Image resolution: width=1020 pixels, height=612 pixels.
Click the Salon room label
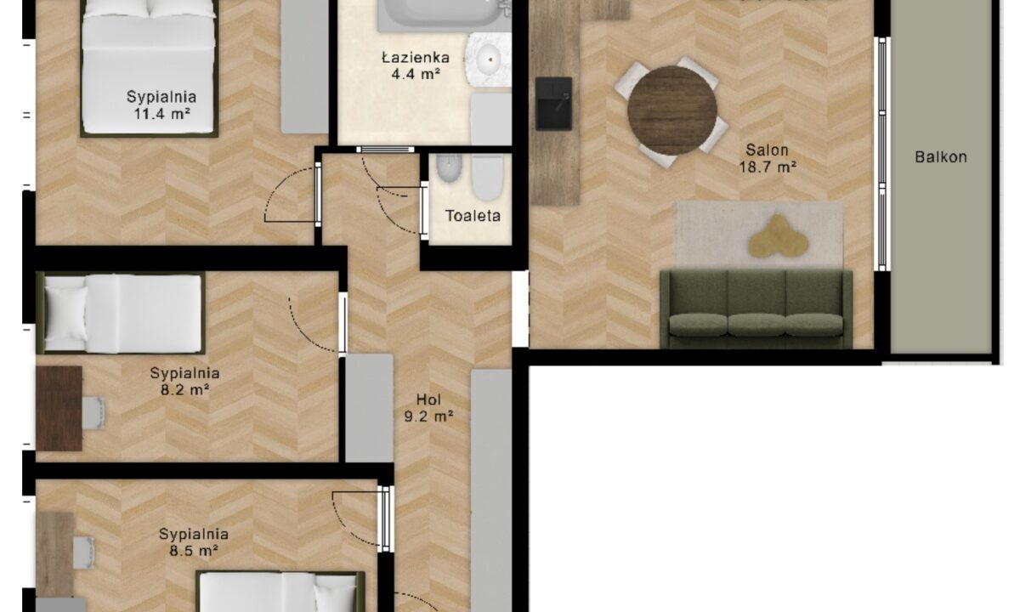(x=767, y=150)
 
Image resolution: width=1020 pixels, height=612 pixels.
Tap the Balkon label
(x=941, y=157)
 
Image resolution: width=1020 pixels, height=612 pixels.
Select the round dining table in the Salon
(x=672, y=110)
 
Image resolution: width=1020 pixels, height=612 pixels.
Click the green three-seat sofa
(x=756, y=309)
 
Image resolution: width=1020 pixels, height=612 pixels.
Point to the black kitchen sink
(x=553, y=104)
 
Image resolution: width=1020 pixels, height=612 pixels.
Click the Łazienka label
(x=416, y=58)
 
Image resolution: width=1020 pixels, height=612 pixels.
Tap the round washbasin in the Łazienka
(x=489, y=59)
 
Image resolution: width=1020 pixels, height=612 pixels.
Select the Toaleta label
(x=473, y=215)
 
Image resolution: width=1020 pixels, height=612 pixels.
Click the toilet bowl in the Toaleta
(x=488, y=178)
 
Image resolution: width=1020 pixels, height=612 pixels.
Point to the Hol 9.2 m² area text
(x=428, y=408)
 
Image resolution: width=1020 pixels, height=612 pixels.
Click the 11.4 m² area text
(x=161, y=113)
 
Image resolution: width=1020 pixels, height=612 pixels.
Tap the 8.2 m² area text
(x=184, y=390)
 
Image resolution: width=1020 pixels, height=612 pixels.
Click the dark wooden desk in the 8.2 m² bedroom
(x=59, y=409)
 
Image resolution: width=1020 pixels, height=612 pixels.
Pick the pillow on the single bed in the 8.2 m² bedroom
(x=66, y=314)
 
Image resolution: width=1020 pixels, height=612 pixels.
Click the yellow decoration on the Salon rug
(x=779, y=236)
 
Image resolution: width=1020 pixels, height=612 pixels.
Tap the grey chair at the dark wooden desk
(x=93, y=413)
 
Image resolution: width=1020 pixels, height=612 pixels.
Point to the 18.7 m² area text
(x=768, y=167)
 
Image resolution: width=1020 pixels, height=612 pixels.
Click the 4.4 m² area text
(x=416, y=73)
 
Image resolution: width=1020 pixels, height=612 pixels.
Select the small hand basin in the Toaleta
(x=450, y=168)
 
